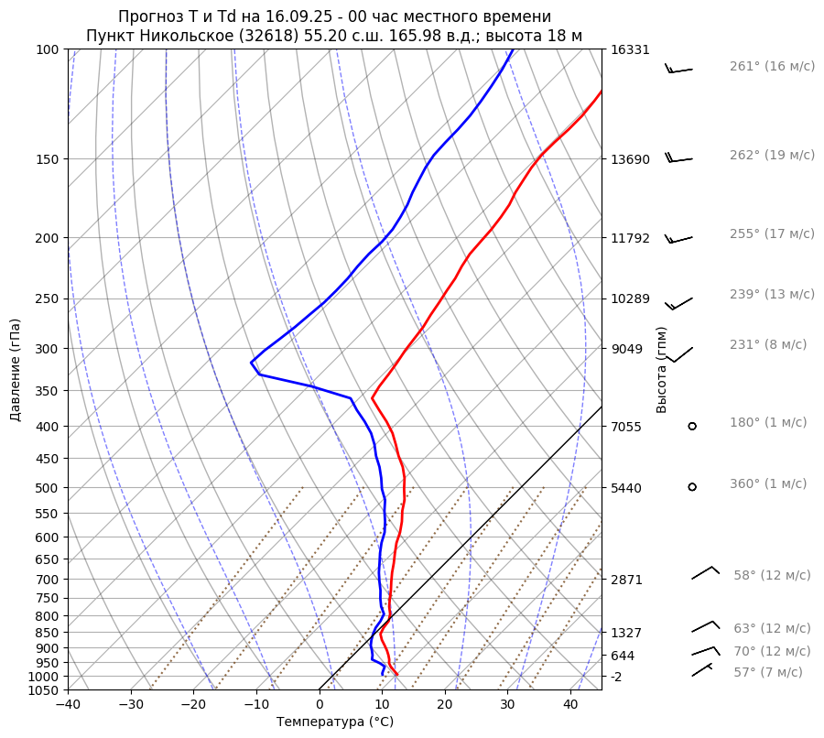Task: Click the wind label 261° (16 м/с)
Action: (772, 67)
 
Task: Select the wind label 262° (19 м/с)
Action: (772, 156)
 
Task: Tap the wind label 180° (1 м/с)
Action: (768, 423)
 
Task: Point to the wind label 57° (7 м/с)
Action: (767, 672)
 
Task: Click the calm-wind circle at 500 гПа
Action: (692, 487)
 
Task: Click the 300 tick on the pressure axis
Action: (48, 349)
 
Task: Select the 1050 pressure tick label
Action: (44, 690)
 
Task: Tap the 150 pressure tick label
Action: (48, 159)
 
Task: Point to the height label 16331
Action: (630, 50)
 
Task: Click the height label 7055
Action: (626, 427)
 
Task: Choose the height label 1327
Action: (626, 633)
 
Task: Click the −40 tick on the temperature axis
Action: (68, 705)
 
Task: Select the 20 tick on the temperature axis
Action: (445, 705)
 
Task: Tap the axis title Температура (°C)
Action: (334, 722)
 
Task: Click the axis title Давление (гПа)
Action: (16, 370)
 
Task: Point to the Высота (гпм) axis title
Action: (662, 370)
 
